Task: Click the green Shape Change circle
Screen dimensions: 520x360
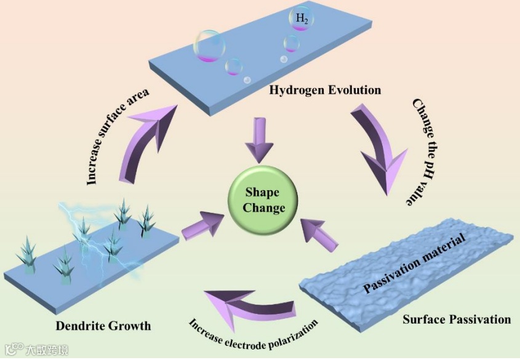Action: pyautogui.click(x=263, y=198)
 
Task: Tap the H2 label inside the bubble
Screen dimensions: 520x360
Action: pyautogui.click(x=302, y=20)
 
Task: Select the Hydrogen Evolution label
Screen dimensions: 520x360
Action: pyautogui.click(x=325, y=90)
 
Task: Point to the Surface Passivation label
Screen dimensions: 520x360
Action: pyautogui.click(x=457, y=319)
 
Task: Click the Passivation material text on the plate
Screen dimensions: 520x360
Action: pyautogui.click(x=412, y=262)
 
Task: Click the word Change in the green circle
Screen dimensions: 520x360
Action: pyautogui.click(x=263, y=207)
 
